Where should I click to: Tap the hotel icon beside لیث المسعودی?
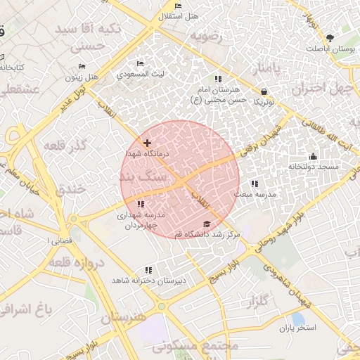(140, 64)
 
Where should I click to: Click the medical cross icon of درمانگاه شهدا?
(146, 143)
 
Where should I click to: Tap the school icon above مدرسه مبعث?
(254, 183)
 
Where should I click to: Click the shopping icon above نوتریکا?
(264, 91)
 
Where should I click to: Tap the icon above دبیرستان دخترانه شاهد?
(148, 270)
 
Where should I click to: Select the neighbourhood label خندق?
(70, 188)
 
